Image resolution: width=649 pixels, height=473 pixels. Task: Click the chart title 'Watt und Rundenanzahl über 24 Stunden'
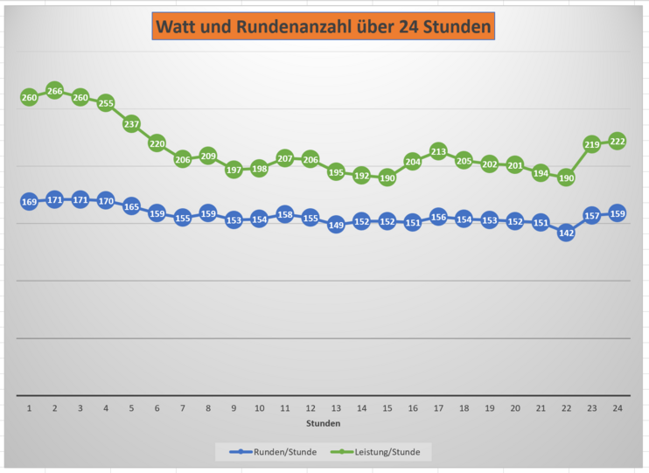click(x=324, y=27)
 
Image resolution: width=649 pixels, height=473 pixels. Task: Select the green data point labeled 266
click(x=54, y=91)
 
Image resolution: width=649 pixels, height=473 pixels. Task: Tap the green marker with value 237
click(x=131, y=124)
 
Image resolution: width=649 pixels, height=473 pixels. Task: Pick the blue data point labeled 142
click(x=566, y=233)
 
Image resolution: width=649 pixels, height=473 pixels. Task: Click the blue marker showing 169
click(x=29, y=202)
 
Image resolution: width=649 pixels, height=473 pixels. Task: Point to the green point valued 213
click(x=438, y=152)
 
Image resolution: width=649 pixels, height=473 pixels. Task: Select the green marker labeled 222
click(x=617, y=142)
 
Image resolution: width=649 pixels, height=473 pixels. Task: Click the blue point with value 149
click(x=336, y=225)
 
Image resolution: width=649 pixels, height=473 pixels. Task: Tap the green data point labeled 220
click(x=157, y=143)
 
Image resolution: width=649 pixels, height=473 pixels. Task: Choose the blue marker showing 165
click(x=131, y=207)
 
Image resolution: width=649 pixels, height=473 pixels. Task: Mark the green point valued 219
click(x=591, y=144)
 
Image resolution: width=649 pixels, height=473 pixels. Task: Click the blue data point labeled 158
click(x=284, y=214)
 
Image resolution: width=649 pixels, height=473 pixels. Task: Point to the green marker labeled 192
click(x=361, y=175)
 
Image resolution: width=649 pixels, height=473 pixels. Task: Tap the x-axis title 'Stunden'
click(x=323, y=423)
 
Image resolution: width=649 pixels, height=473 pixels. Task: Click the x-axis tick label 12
click(x=311, y=408)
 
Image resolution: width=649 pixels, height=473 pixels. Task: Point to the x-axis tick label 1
click(x=29, y=408)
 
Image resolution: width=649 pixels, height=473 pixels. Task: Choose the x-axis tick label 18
click(x=464, y=408)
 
